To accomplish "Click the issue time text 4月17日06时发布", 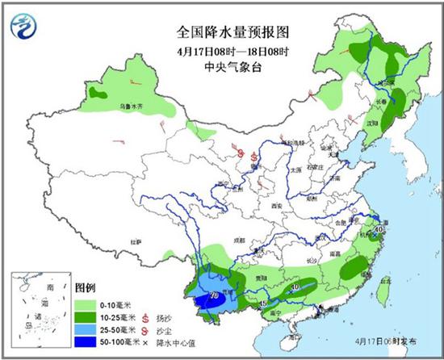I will tap(391, 343).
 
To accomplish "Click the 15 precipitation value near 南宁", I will tap(264, 303).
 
